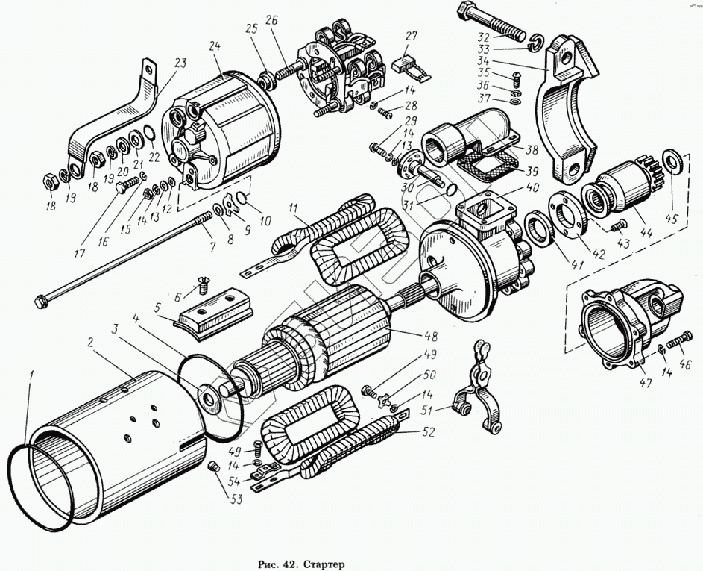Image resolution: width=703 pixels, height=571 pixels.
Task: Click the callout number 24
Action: (x=215, y=47)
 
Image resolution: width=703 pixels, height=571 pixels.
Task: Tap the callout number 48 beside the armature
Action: (x=430, y=336)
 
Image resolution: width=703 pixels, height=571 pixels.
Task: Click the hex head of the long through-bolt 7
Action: (x=40, y=301)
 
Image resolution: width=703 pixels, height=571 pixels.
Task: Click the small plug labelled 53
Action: (x=213, y=467)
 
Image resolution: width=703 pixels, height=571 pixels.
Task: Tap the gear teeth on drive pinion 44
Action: (x=649, y=172)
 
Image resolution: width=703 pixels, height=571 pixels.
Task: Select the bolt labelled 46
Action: (x=681, y=340)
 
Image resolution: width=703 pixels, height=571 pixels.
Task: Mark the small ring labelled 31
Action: (x=452, y=188)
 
